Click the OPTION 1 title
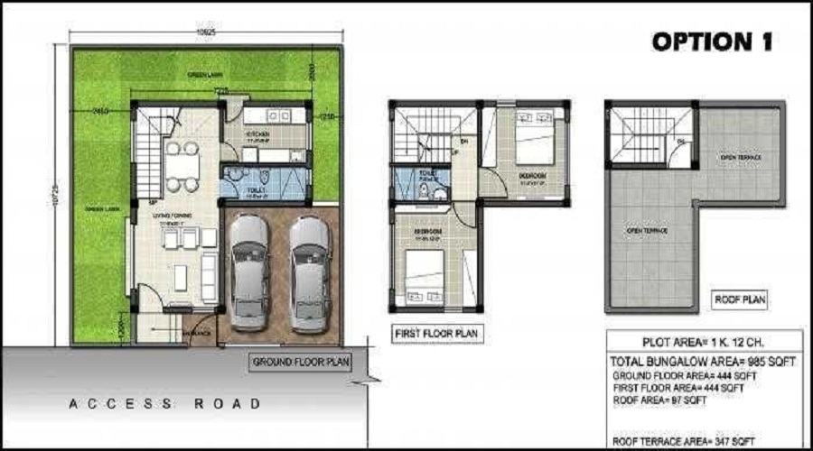pos(714,42)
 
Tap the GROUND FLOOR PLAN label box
pos(301,362)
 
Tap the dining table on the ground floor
pos(182,166)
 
